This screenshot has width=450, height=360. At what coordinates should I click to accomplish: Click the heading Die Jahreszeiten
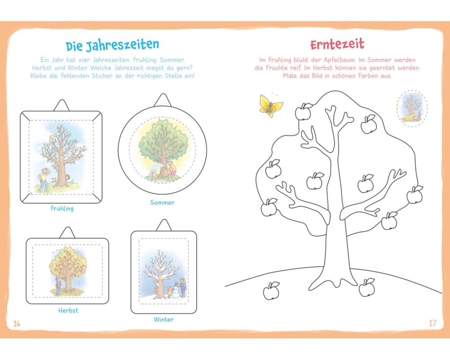112,45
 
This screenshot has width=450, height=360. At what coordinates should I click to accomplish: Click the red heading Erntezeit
337,44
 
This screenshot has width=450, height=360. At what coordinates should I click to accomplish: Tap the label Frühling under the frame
62,208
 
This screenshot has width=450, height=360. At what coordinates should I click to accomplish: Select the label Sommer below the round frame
162,202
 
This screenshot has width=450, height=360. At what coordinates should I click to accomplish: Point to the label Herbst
68,310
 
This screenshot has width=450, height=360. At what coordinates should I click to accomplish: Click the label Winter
164,319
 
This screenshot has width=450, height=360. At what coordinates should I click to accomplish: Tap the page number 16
17,324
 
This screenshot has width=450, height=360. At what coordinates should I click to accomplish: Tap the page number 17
432,323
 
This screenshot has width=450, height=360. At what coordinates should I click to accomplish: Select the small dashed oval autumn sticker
412,108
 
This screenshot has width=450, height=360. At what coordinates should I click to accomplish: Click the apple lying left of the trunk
271,291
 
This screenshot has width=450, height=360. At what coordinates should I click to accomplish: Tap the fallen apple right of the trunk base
367,287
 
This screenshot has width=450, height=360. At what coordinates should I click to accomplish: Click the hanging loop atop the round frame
162,100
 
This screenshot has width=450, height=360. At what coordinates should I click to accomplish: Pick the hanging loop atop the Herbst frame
67,233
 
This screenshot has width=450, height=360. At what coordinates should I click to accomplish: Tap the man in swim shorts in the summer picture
171,171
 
